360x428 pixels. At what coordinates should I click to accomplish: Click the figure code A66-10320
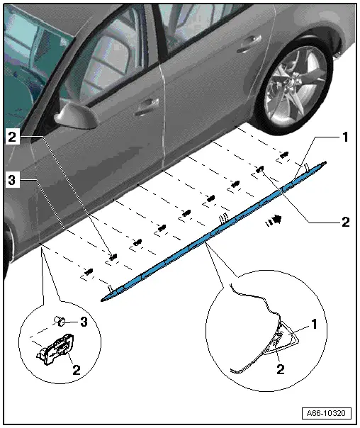click(x=326, y=413)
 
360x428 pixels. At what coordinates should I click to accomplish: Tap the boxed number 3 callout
click(x=12, y=180)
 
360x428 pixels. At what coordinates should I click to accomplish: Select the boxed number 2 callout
click(x=12, y=137)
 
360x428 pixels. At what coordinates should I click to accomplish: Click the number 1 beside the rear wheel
click(x=345, y=137)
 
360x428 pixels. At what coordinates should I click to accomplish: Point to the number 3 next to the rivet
click(x=84, y=322)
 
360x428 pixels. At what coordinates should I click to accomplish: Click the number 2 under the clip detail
click(x=77, y=370)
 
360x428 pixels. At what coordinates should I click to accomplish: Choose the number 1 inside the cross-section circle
click(x=314, y=325)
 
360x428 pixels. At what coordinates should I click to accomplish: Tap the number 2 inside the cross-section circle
click(x=281, y=369)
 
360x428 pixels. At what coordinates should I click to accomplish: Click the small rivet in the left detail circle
click(x=60, y=321)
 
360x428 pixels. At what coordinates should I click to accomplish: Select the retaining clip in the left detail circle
click(x=56, y=350)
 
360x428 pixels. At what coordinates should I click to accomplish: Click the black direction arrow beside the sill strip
click(x=274, y=220)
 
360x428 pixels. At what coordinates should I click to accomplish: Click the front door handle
click(x=147, y=106)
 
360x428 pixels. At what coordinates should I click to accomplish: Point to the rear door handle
click(x=248, y=44)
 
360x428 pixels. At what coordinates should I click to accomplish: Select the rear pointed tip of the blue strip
click(x=325, y=163)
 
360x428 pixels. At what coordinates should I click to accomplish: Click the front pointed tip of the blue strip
click(x=102, y=300)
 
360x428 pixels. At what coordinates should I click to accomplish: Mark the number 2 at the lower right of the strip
click(x=346, y=223)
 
